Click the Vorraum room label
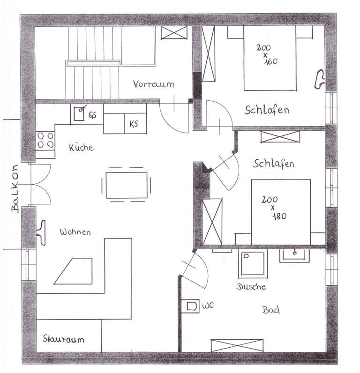pos(153,84)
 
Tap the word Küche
pos(82,147)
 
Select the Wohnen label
pos(75,232)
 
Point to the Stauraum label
pos(64,339)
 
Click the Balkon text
pos(15,188)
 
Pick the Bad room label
pos(271,310)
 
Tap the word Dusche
pos(251,286)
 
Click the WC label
pos(208,306)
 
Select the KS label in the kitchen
pos(134,124)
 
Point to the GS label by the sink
pos(92,115)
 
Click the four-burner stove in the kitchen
pos(45,141)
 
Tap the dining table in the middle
pos(127,185)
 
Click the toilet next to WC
pos(191,306)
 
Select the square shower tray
pos(253,264)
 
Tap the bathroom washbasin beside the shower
pos(294,255)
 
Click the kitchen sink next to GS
pos(79,113)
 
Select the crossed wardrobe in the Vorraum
pos(174,33)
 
